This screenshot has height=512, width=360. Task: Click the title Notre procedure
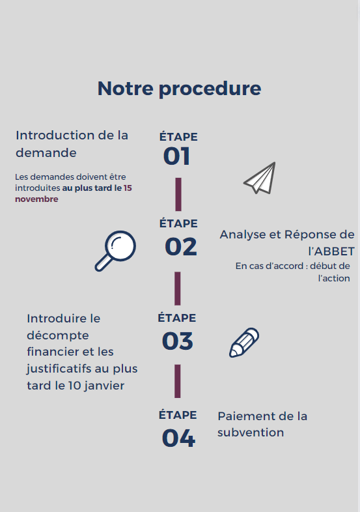(x=179, y=89)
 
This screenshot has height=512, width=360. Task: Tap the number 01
(x=176, y=156)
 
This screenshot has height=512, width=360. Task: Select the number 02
(x=181, y=247)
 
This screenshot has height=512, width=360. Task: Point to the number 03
(x=178, y=341)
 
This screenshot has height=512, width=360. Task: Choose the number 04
(x=178, y=438)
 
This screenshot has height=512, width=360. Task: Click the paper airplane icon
(x=260, y=178)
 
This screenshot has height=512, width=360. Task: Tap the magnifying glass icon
(x=115, y=251)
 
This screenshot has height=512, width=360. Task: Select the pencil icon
(x=244, y=343)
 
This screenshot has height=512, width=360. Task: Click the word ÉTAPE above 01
(x=178, y=137)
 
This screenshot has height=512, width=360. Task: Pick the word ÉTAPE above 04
(x=178, y=415)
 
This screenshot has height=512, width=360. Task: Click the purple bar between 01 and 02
(x=178, y=194)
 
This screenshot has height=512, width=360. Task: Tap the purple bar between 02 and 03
(x=178, y=289)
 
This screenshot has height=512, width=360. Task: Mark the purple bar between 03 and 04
(x=178, y=381)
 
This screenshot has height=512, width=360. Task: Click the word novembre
(x=36, y=199)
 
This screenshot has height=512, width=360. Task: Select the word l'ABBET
(x=331, y=251)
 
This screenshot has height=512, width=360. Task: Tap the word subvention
(x=251, y=433)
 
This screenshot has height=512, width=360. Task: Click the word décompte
(x=58, y=335)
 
